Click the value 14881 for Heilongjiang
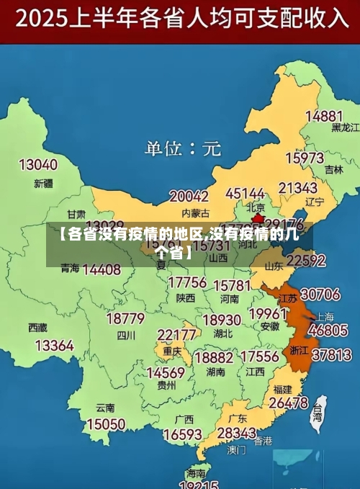point(324,116)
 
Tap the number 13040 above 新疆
point(37,165)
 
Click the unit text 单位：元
point(183,149)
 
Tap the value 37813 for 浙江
point(330,354)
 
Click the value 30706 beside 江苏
point(320,294)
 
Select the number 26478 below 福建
point(288,403)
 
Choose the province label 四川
point(126,335)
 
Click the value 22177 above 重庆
point(177,335)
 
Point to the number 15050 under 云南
point(106,424)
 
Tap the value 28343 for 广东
point(236,433)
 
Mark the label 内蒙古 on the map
point(196,212)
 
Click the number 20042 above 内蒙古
point(189,196)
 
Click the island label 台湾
point(317,413)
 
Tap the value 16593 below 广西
point(182,435)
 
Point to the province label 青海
point(70,268)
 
